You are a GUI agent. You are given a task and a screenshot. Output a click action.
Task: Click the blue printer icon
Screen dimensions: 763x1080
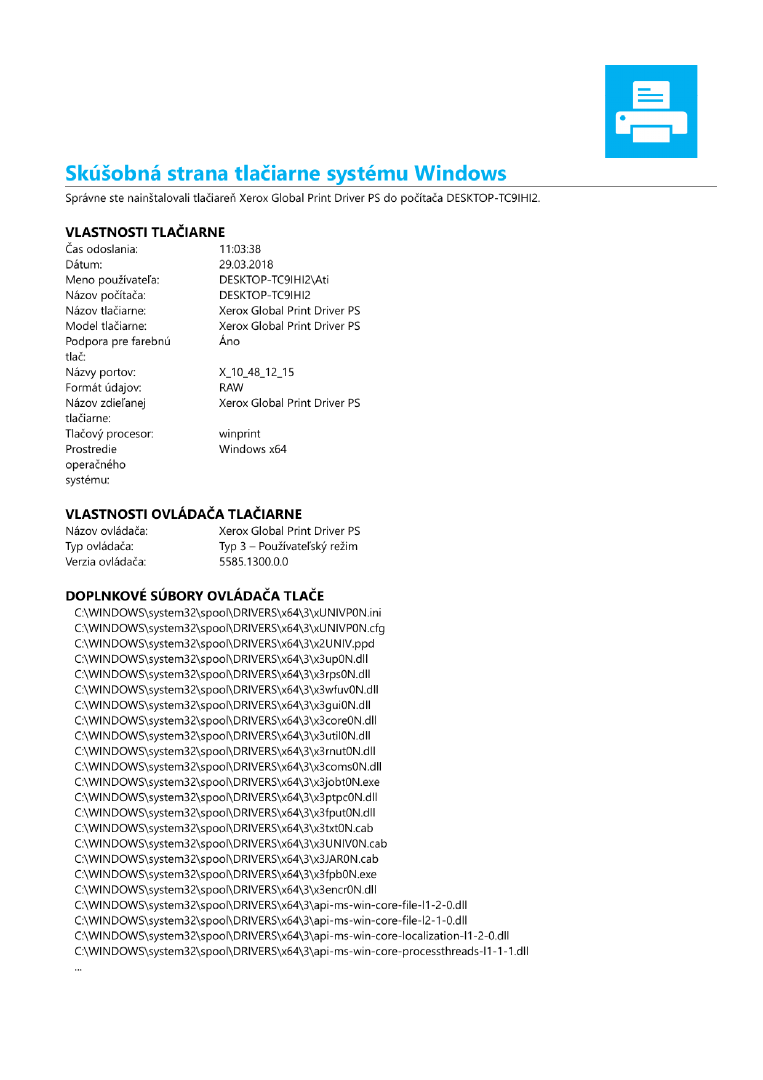point(650,111)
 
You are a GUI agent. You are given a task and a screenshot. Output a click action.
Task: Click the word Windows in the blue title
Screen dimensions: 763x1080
point(460,173)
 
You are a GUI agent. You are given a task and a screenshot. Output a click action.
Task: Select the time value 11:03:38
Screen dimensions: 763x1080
point(240,249)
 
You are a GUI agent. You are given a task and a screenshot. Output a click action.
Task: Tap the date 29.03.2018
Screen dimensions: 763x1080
point(246,265)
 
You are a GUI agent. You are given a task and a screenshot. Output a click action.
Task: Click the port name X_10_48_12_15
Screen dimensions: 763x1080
point(257,372)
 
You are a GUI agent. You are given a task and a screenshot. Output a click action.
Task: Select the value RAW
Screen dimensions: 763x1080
point(231,387)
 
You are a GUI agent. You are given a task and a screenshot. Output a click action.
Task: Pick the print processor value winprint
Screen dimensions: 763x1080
point(240,434)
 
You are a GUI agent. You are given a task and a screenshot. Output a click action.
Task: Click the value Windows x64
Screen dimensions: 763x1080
point(253,449)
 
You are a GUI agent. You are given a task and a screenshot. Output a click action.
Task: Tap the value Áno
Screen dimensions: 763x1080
point(230,341)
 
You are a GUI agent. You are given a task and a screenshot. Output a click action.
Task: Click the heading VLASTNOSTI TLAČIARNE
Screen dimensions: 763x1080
point(145,232)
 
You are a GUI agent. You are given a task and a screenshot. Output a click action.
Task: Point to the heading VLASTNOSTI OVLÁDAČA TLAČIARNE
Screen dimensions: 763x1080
point(184,514)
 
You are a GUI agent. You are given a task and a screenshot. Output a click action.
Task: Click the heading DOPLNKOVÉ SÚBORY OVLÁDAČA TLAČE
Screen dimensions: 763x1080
point(195,595)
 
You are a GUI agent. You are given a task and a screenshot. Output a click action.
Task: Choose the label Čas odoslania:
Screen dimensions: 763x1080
point(102,249)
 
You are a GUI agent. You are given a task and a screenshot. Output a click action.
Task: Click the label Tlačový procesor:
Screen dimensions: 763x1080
point(109,434)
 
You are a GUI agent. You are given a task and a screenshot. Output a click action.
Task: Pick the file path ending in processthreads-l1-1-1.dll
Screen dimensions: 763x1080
point(302,951)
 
